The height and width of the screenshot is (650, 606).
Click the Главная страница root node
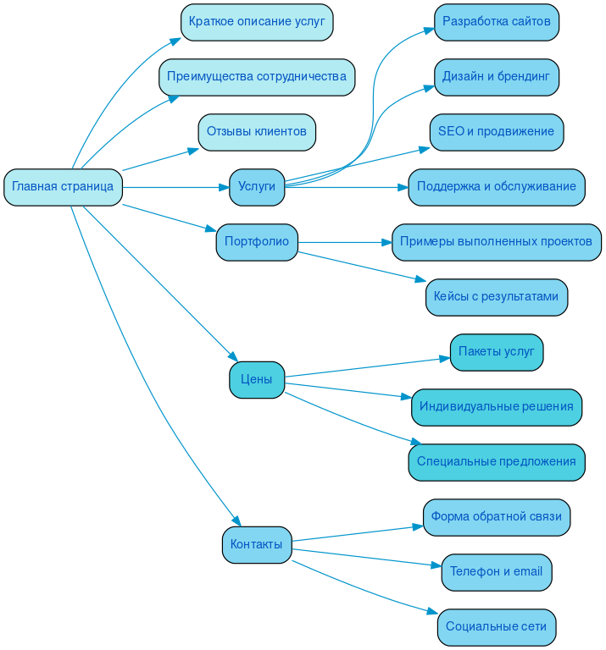[64, 187]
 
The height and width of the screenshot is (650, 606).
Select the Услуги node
[257, 187]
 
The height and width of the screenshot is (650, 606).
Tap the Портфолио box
[257, 242]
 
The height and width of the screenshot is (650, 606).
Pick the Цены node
[257, 379]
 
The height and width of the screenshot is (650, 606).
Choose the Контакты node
[257, 544]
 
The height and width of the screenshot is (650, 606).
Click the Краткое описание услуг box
[257, 22]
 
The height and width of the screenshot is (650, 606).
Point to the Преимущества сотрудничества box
[257, 77]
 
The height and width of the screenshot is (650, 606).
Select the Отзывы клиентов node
[257, 132]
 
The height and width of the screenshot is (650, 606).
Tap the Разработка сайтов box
[497, 22]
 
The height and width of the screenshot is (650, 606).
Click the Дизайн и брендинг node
[497, 77]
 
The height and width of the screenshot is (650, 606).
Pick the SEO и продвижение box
[497, 132]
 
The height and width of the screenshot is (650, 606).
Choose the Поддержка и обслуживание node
[497, 187]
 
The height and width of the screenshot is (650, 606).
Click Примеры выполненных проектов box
[497, 242]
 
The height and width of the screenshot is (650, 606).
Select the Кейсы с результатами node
[497, 297]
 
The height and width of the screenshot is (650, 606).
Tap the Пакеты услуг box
[497, 352]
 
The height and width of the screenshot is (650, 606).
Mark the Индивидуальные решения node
[497, 407]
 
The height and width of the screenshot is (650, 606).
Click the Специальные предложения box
[497, 462]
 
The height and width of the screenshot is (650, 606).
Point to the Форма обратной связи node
[497, 517]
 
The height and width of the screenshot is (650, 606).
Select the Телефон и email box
[497, 572]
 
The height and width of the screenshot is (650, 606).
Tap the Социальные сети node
[497, 627]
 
